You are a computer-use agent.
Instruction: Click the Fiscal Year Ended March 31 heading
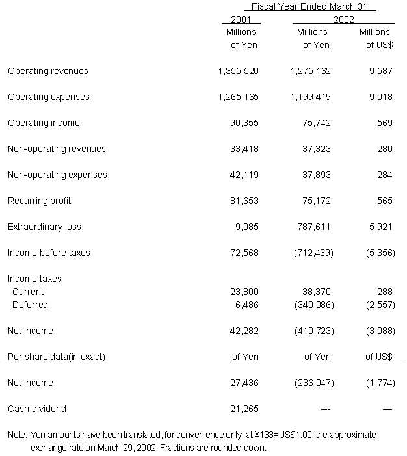click(x=309, y=6)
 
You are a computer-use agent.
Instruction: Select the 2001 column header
click(x=241, y=19)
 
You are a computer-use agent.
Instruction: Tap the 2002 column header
click(x=344, y=19)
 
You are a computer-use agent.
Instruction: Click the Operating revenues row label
click(x=48, y=71)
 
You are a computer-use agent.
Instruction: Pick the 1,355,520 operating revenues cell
click(x=239, y=71)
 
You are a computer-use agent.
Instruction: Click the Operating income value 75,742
click(x=317, y=123)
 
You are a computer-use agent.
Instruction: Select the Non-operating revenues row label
click(x=57, y=149)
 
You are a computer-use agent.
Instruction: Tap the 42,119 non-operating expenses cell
click(x=244, y=175)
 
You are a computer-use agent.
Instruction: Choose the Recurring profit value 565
click(x=385, y=201)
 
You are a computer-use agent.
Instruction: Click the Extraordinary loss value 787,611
click(x=315, y=227)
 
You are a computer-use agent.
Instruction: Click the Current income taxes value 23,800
click(x=244, y=292)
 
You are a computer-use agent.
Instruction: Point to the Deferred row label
click(x=30, y=305)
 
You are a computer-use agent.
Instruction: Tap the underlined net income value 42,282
click(x=244, y=331)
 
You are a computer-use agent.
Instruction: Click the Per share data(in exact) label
click(x=57, y=357)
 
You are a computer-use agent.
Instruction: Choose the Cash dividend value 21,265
click(x=244, y=409)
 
